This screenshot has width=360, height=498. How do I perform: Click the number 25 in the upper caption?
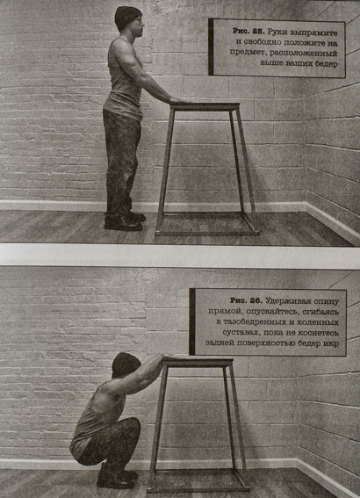tap(257, 32)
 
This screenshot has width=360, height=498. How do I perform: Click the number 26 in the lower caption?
tap(256, 300)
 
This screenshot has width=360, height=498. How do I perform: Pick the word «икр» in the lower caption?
tap(331, 343)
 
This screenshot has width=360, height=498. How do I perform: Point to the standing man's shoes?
tap(125, 221)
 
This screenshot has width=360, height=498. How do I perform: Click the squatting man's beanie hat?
tap(126, 364)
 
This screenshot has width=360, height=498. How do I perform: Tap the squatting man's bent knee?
tap(134, 425)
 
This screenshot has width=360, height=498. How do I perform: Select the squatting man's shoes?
tap(117, 477)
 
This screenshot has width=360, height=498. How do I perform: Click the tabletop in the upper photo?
tap(205, 107)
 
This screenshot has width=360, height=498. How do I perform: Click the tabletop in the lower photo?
tap(198, 363)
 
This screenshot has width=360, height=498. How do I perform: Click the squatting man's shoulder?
tap(106, 393)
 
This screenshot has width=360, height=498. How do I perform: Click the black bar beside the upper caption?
tap(211, 47)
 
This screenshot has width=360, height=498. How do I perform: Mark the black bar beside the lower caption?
tap(192, 321)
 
